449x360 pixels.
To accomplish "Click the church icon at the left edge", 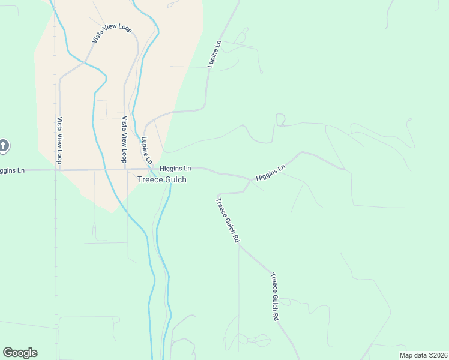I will [3, 145].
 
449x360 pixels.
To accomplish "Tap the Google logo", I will [20, 353].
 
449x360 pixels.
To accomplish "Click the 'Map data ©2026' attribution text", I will [423, 355].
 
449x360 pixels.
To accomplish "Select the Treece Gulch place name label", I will [162, 179].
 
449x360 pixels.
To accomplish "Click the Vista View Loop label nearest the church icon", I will [59, 140].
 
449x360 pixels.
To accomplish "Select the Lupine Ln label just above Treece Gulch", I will [146, 151].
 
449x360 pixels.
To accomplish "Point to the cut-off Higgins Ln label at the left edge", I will [12, 170].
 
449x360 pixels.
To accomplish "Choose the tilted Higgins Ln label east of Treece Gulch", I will [270, 173].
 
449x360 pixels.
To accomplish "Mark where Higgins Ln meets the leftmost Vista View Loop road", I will [59, 170].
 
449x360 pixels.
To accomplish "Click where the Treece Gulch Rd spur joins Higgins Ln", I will [250, 178].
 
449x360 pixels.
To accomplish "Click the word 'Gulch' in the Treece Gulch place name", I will [175, 179].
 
